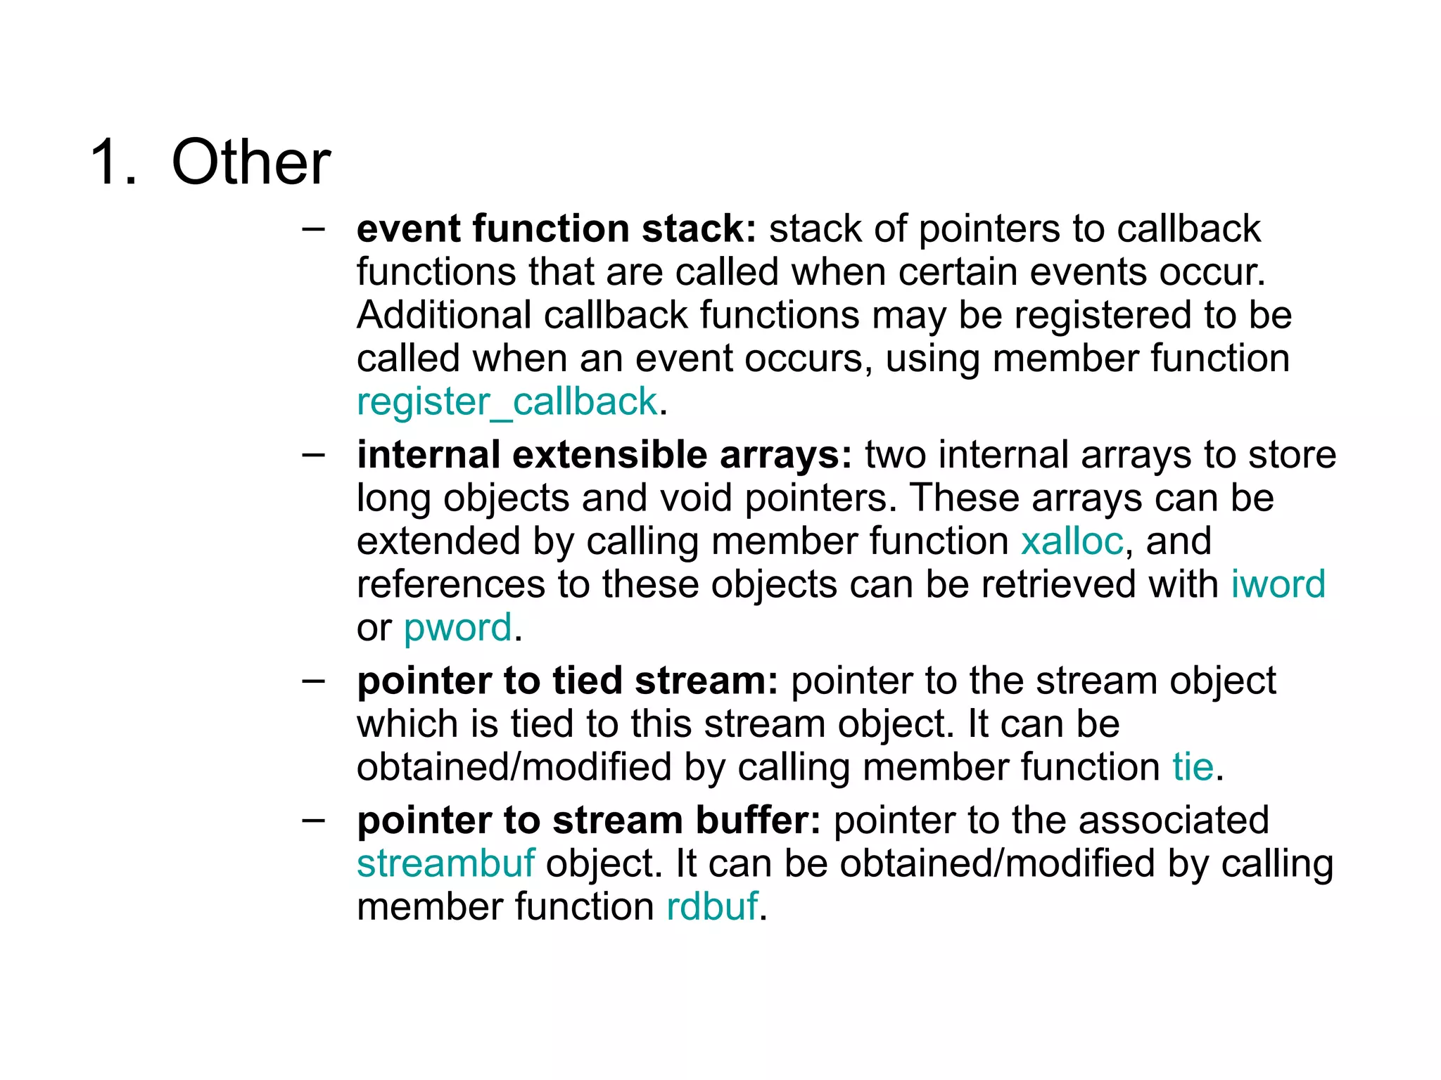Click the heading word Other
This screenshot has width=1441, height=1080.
click(x=250, y=163)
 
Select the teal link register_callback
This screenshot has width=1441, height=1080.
click(x=507, y=402)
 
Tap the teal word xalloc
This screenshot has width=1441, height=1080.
click(x=1072, y=541)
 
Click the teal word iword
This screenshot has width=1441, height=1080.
click(x=1278, y=584)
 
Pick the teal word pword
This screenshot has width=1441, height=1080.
click(x=457, y=628)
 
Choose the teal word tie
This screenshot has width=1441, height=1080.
click(x=1193, y=767)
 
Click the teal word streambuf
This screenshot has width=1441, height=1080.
click(x=445, y=864)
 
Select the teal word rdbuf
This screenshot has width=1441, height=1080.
click(x=712, y=907)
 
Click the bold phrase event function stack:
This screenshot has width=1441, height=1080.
click(x=556, y=229)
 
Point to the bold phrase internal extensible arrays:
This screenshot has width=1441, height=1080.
click(x=604, y=455)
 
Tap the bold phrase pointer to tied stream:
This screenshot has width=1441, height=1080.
click(x=567, y=681)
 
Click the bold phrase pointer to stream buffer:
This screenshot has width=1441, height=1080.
click(x=588, y=821)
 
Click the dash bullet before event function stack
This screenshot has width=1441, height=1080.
click(x=313, y=229)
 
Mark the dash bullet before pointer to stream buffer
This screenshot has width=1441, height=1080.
click(x=313, y=821)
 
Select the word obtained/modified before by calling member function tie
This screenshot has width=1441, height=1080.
click(x=514, y=767)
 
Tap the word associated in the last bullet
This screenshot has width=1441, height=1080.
click(x=1173, y=821)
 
